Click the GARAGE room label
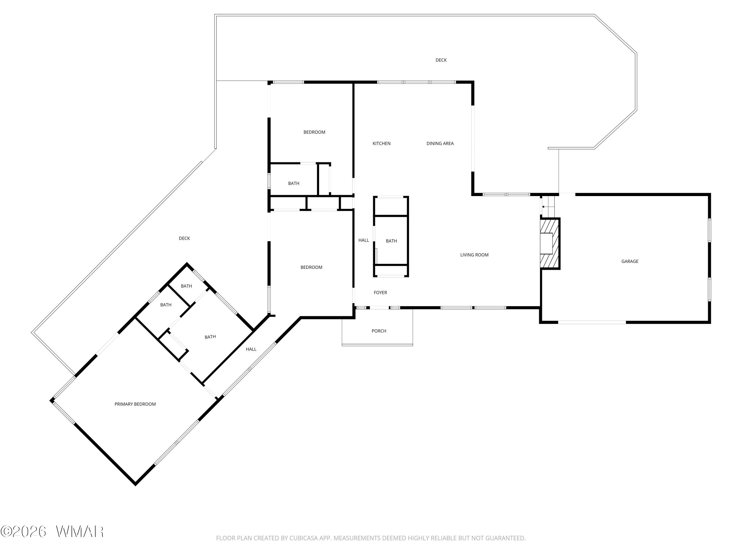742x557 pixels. coord(630,261)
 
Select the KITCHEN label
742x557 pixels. coord(381,143)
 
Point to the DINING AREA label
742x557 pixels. coord(440,143)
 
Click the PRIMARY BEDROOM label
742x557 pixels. coord(135,404)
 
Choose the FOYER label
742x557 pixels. coord(380,292)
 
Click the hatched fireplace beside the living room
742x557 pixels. coord(550,243)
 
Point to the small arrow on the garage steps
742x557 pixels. coord(543,207)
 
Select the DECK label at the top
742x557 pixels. coord(441,60)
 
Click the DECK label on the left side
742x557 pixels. coord(184,238)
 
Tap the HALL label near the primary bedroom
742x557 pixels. coord(251,349)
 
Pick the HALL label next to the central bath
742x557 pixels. coord(364,240)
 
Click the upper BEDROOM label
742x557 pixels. coord(314,132)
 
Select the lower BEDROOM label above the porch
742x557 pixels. coord(311,267)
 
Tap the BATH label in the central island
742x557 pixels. coord(391,241)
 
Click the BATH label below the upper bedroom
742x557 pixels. coord(294,183)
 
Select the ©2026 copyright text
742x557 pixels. coord(23,532)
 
